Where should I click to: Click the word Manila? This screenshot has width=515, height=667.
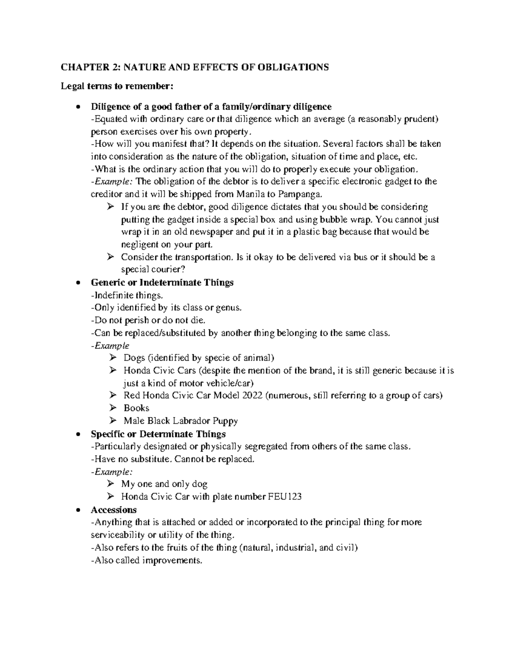tap(251, 194)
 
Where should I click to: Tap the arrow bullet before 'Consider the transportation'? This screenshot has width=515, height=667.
tap(111, 257)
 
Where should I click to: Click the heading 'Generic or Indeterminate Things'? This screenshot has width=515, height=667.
tap(162, 283)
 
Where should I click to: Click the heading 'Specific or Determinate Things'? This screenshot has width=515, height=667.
tap(158, 434)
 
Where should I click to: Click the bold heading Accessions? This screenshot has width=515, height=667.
tap(113, 510)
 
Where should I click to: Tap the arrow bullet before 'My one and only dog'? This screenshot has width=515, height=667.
tap(111, 484)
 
